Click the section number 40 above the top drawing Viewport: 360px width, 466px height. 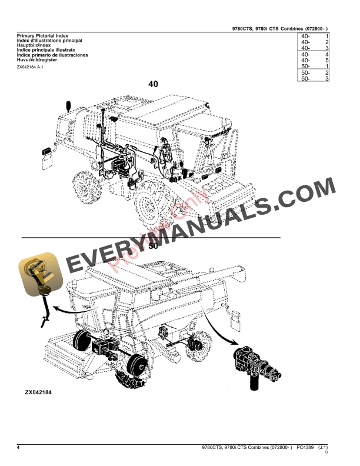(x=153, y=84)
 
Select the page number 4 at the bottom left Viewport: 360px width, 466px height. (x=18, y=449)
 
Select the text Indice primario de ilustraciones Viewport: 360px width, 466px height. (x=52, y=55)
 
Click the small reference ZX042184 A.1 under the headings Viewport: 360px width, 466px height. (x=29, y=67)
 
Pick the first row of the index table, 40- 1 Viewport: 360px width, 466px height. (x=314, y=37)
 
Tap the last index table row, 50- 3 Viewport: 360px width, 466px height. (x=314, y=78)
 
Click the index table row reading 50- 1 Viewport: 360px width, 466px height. (x=314, y=66)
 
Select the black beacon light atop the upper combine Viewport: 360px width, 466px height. (x=70, y=106)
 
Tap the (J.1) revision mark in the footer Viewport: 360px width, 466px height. (x=323, y=449)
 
